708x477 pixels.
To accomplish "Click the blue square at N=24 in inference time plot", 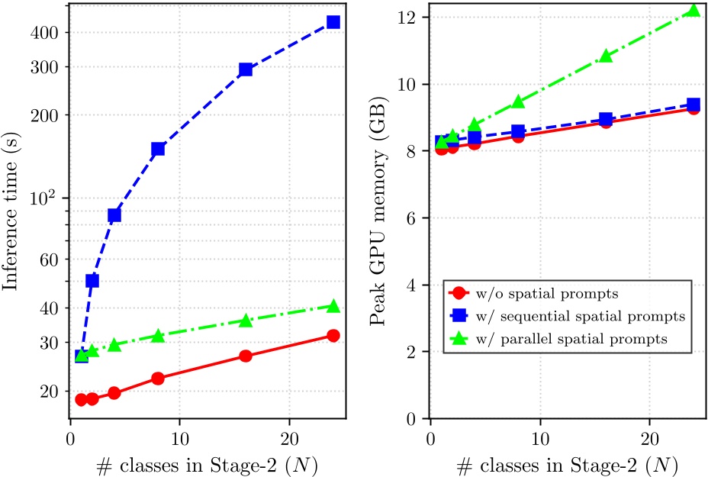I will coord(333,22).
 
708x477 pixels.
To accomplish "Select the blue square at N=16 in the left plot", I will coord(246,69).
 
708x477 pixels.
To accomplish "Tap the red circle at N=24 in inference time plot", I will coord(333,336).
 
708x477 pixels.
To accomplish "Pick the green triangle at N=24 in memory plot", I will coord(693,11).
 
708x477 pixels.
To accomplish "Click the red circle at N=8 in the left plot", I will coord(158,378).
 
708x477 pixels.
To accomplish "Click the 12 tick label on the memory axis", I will coord(413,17).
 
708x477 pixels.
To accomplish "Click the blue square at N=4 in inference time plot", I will coord(114,215).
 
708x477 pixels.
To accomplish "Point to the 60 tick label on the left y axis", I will coord(50,259).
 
